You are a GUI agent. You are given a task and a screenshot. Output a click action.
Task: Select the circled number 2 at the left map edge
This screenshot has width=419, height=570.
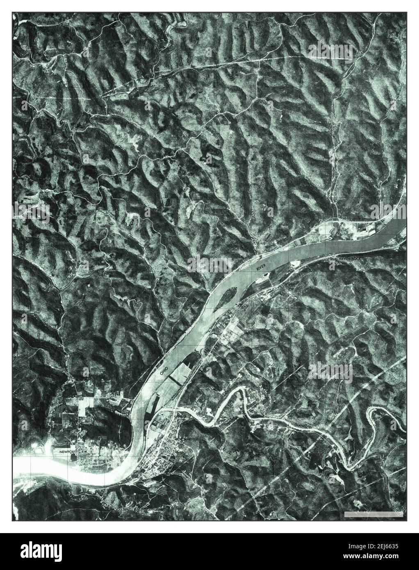pos(16,480)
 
